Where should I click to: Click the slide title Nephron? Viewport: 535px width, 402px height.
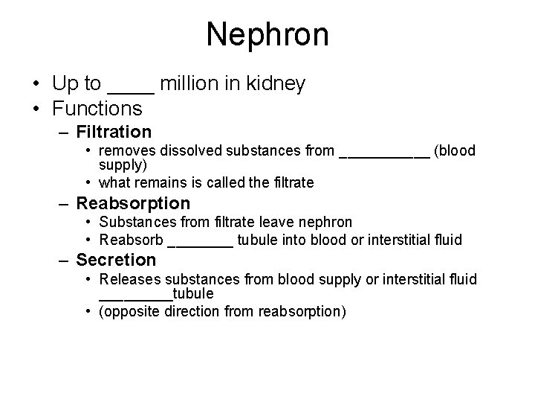(x=267, y=34)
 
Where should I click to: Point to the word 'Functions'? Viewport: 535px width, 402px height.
(x=97, y=109)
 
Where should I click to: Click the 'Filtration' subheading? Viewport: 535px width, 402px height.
(x=114, y=133)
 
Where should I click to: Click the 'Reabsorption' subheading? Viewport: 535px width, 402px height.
(x=133, y=203)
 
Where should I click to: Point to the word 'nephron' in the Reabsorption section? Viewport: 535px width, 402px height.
(x=328, y=222)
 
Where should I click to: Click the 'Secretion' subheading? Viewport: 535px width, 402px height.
(x=116, y=260)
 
